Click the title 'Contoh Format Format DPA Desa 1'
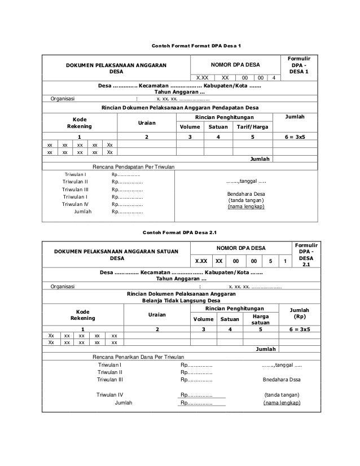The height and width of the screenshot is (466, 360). click(179, 45)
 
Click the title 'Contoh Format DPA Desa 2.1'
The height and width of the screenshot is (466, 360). click(179, 232)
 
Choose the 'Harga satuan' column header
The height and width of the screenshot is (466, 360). click(252, 319)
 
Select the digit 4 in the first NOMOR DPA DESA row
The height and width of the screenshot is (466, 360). click(274, 77)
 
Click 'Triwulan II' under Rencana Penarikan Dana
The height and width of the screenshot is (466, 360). click(110, 372)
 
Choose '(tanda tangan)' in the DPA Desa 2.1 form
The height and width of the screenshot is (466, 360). click(281, 394)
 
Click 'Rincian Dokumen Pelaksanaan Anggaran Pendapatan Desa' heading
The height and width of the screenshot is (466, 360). click(179, 107)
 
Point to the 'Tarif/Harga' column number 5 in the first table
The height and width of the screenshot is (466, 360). click(252, 137)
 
